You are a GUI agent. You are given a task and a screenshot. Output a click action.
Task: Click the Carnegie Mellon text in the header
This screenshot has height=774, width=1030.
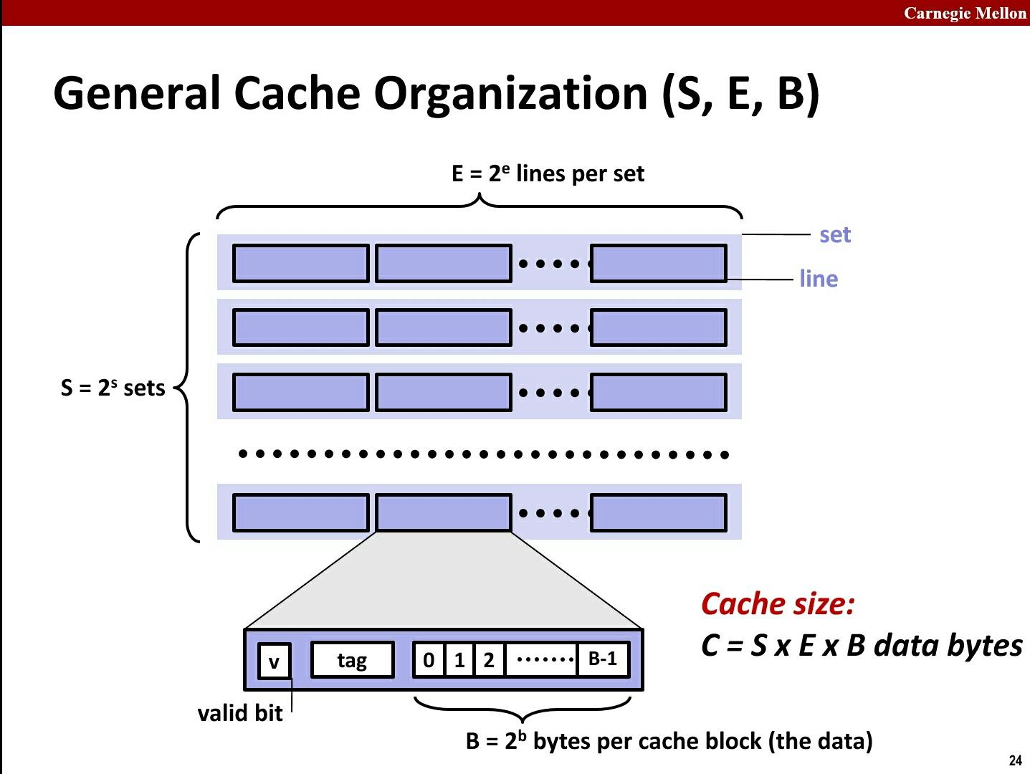965,13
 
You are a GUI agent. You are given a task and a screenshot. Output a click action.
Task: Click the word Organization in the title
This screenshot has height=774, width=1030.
510,92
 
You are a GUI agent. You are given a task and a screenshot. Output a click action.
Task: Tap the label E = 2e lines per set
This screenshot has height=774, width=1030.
548,173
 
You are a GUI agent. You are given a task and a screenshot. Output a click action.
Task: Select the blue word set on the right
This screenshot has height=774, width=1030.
834,234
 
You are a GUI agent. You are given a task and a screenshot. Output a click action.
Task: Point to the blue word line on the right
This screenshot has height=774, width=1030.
819,278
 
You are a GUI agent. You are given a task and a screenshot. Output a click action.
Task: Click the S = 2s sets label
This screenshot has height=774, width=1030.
113,388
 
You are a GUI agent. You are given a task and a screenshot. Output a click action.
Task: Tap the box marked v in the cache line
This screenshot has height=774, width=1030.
274,661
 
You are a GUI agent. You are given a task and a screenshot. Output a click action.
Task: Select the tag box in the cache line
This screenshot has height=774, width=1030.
352,660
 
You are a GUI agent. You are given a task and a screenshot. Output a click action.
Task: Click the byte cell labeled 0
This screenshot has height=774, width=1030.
429,660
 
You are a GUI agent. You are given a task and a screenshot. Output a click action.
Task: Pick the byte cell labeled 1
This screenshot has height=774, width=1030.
459,660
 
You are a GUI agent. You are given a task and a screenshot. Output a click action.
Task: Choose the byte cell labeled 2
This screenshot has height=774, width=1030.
489,660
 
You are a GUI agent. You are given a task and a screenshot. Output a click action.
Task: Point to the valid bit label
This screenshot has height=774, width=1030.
239,713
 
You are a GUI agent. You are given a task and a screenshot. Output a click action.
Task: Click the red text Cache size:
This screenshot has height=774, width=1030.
778,603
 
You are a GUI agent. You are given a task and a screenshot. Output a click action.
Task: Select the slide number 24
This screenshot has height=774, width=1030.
1015,761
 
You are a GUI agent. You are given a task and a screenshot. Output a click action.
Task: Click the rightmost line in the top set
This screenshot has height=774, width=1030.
658,263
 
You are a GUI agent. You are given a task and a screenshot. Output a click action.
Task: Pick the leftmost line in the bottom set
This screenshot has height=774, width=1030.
300,512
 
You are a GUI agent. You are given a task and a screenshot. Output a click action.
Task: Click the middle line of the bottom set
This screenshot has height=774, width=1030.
443,512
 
